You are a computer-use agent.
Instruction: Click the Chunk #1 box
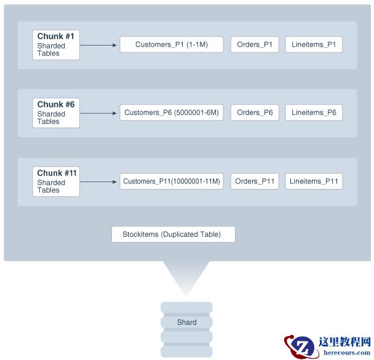tap(56, 45)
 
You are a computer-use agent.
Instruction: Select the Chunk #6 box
tap(56, 113)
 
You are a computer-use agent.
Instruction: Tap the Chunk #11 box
tap(56, 182)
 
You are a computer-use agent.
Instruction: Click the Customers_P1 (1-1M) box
tap(171, 44)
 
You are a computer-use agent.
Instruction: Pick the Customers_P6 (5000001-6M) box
tap(171, 113)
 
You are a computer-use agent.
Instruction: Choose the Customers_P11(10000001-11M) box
tap(171, 181)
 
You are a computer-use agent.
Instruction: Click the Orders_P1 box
tap(255, 44)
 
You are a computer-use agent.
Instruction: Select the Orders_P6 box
tap(255, 113)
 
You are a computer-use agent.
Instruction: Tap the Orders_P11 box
tap(255, 181)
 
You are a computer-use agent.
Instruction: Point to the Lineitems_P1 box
tap(314, 44)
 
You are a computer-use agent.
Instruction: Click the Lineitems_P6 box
tap(314, 113)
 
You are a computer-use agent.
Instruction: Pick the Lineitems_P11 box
tap(314, 181)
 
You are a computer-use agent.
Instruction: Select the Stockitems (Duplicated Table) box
tap(173, 234)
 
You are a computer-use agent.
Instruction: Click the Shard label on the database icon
tap(186, 322)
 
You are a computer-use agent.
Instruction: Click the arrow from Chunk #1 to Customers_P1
tap(99, 45)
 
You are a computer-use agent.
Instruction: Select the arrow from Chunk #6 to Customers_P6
tap(99, 113)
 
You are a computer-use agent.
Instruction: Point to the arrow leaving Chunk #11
tap(99, 182)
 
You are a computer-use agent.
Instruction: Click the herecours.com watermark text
tap(346, 353)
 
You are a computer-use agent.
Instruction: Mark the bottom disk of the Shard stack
tap(186, 352)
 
